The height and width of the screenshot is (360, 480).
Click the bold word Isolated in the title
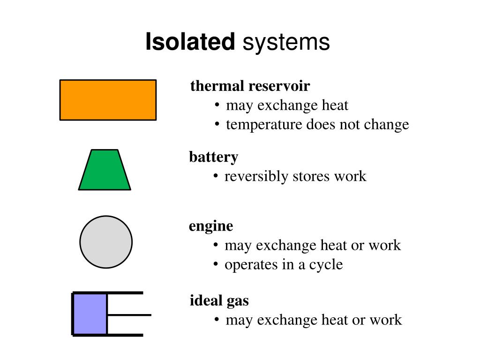[190, 42]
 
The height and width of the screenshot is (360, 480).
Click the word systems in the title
[286, 42]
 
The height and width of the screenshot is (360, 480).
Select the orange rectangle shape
[108, 100]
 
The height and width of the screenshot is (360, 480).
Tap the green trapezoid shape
[105, 171]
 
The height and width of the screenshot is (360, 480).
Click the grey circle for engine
[106, 242]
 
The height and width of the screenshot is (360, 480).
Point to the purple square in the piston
[90, 314]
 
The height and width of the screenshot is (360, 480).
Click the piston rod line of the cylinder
[129, 315]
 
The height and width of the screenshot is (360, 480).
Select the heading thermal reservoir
[250, 86]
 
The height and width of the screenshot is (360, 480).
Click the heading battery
[213, 157]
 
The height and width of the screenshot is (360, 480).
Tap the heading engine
[211, 226]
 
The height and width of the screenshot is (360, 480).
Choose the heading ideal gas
[219, 300]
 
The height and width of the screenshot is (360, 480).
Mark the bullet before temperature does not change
[217, 124]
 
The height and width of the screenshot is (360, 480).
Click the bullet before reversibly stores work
[216, 176]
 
